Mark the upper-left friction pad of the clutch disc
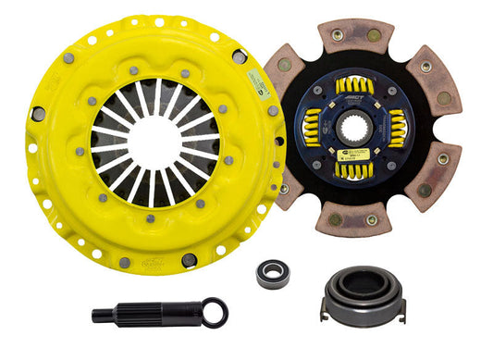(x=289, y=79)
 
